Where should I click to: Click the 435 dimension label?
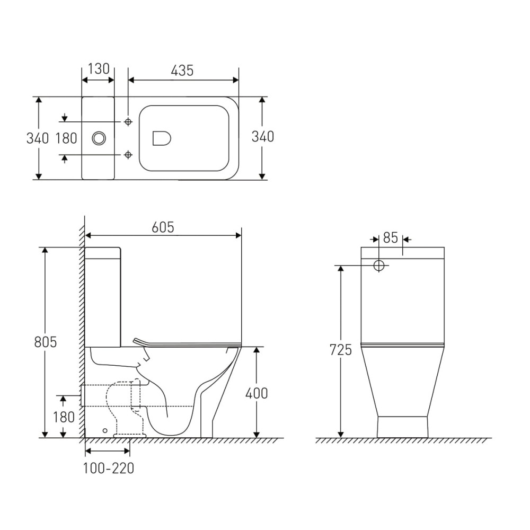pos(182,70)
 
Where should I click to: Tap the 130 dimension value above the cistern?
pos(99,68)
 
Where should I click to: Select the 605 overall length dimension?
pos(163,227)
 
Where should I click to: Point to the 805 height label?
pos(45,342)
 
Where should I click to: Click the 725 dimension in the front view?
pos(341,350)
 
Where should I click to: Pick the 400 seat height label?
pos(257,393)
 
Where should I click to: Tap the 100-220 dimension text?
pos(109,468)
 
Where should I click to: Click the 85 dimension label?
pos(391,238)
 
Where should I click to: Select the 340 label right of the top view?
pos(263,137)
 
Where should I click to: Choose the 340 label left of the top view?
pos(38,138)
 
